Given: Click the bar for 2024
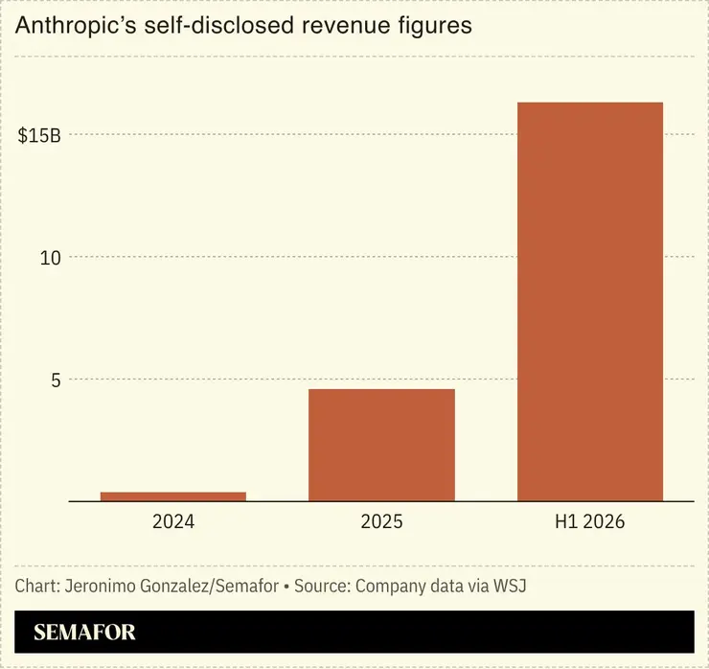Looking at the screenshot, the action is coord(173,496).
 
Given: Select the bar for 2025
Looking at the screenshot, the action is coord(381,445).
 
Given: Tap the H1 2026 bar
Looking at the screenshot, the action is coord(590,302).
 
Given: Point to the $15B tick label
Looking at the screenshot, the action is coord(39,135).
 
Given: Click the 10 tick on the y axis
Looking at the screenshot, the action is coord(50,258).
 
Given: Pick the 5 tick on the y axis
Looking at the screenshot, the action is coord(56,381).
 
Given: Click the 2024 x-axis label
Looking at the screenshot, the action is coord(173,521).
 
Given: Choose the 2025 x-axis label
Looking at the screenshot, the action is coord(381,521).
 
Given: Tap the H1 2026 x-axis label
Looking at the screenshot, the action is coord(589,521).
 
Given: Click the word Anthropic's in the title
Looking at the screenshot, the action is coord(76,25).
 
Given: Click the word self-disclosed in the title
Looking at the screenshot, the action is coord(218,25).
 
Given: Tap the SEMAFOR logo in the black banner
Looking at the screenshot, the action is coord(84,632).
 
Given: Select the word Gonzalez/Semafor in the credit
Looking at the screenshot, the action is coord(210,587).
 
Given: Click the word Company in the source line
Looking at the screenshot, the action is coord(391,588).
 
